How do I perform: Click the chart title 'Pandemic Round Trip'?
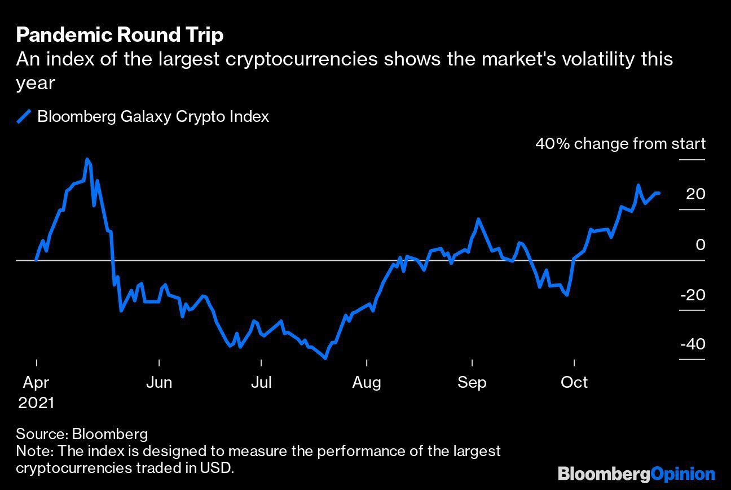pyautogui.click(x=120, y=35)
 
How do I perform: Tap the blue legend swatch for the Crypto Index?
pyautogui.click(x=24, y=117)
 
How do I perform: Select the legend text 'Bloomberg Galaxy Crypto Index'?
pyautogui.click(x=153, y=117)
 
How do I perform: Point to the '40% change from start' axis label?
pyautogui.click(x=620, y=144)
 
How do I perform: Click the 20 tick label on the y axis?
pyautogui.click(x=695, y=194)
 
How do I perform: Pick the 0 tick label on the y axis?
pyautogui.click(x=700, y=245)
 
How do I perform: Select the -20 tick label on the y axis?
pyautogui.click(x=692, y=295)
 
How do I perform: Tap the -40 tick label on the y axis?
pyautogui.click(x=692, y=344)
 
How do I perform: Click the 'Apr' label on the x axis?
pyautogui.click(x=36, y=383)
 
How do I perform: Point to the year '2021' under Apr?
pyautogui.click(x=36, y=403)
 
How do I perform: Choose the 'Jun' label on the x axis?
pyautogui.click(x=159, y=383)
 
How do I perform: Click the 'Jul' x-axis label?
pyautogui.click(x=261, y=383)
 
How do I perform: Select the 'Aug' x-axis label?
pyautogui.click(x=367, y=383)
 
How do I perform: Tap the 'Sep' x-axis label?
pyautogui.click(x=472, y=383)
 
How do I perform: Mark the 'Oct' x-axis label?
pyautogui.click(x=574, y=383)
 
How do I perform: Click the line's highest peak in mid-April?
pyautogui.click(x=87, y=160)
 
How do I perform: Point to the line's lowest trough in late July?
pyautogui.click(x=325, y=358)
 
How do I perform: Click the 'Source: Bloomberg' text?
pyautogui.click(x=82, y=434)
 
